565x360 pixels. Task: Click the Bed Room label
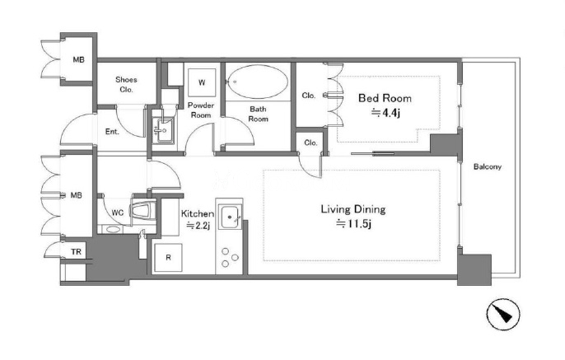385,98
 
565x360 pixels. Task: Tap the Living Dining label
353,209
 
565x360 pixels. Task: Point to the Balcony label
488,167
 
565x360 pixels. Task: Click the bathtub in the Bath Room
258,82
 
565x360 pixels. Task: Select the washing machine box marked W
202,82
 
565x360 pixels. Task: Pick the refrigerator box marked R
168,257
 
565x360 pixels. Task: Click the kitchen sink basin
230,217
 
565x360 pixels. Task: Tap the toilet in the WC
144,211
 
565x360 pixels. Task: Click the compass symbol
503,314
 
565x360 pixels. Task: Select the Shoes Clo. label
126,84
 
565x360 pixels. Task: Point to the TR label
76,252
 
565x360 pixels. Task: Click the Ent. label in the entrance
112,132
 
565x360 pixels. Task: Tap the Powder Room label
201,110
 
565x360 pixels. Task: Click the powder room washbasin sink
163,130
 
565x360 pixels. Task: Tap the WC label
118,213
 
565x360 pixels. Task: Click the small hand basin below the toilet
113,229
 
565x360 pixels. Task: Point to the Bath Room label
259,114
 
